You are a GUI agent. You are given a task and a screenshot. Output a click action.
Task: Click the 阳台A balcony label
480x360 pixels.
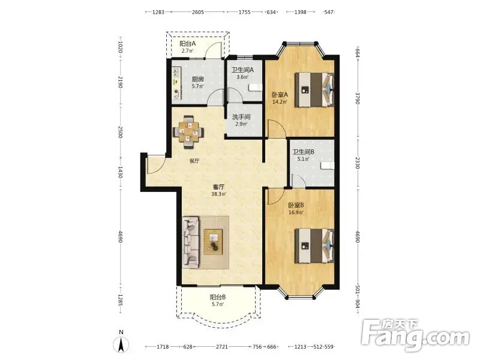click(187, 44)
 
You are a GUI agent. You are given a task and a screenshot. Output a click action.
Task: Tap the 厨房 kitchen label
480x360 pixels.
click(198, 79)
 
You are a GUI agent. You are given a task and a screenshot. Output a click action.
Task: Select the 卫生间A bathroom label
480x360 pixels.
click(242, 70)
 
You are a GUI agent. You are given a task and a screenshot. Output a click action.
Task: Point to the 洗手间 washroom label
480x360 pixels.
click(241, 117)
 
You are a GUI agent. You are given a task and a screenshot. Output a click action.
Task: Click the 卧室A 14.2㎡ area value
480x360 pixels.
click(280, 101)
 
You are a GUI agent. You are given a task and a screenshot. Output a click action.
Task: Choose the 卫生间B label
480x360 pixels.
click(304, 152)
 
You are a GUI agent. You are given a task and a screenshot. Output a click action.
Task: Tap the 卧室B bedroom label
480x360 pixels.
click(296, 205)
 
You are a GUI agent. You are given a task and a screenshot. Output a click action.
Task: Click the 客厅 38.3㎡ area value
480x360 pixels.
click(218, 194)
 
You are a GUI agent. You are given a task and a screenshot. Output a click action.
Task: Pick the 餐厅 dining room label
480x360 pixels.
click(194, 161)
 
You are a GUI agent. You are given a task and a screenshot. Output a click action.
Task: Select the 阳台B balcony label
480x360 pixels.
click(218, 297)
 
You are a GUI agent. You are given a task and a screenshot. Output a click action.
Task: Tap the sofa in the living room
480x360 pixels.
click(191, 242)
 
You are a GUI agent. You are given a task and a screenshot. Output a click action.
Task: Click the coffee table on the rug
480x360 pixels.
click(214, 242)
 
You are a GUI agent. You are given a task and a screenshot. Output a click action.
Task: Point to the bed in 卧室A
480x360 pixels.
click(314, 89)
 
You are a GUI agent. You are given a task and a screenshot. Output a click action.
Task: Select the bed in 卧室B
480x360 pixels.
click(314, 246)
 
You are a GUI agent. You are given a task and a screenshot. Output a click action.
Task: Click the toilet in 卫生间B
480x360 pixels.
click(327, 166)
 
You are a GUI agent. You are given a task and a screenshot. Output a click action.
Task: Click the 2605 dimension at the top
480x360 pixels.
click(198, 12)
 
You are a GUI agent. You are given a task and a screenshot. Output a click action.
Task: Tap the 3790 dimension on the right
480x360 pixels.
click(357, 98)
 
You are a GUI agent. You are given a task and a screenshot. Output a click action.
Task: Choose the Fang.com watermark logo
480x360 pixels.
click(415, 336)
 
